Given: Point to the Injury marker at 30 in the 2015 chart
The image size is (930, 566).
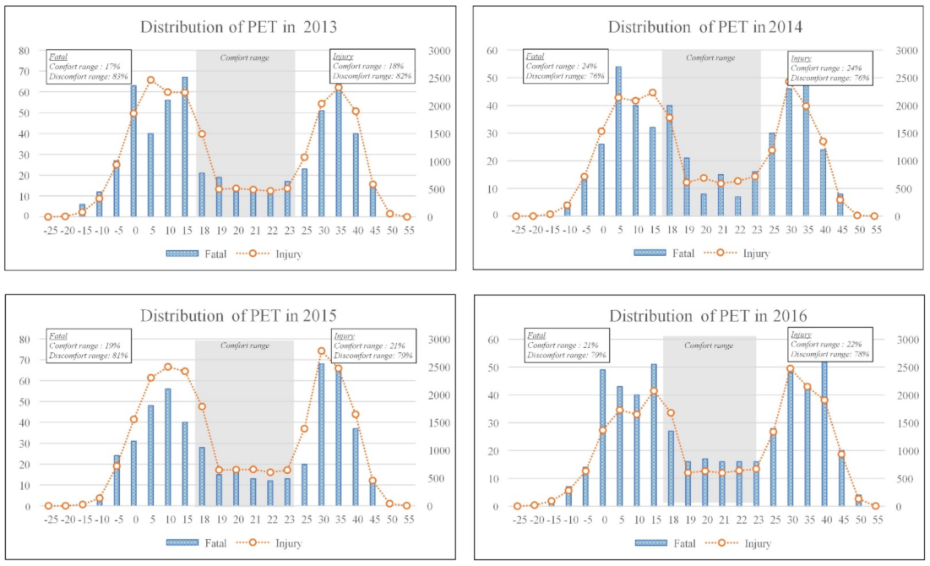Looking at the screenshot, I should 321,351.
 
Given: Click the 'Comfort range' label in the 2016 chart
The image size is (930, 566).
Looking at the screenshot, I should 709,346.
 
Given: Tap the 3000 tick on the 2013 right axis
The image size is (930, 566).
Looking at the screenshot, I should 443,51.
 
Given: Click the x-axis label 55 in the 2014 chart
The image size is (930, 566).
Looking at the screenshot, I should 874,228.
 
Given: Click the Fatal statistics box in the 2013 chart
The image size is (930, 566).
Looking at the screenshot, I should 89,65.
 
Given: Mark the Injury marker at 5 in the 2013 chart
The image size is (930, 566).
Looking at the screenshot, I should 151,80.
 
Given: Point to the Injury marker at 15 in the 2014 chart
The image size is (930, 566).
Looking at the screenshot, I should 652,93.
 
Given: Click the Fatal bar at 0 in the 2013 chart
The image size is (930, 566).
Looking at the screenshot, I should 133,151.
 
